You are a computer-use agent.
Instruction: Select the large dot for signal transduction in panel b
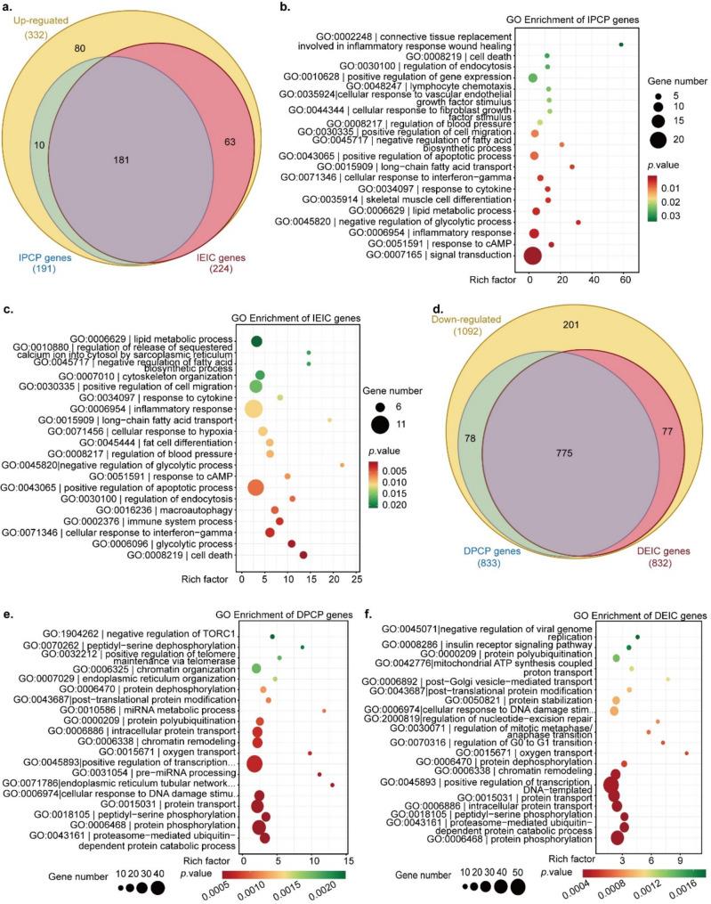[x=532, y=257]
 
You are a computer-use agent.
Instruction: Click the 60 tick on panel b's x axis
[x=625, y=280]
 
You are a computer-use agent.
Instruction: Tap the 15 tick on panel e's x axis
[x=348, y=860]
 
